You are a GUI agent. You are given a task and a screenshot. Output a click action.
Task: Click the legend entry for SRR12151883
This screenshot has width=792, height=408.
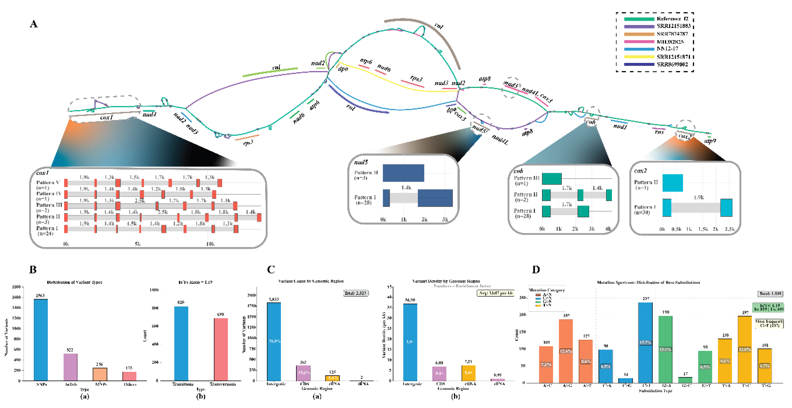tap(673, 26)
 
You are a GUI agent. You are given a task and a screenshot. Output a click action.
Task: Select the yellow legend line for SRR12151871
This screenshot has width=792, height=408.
tap(639, 57)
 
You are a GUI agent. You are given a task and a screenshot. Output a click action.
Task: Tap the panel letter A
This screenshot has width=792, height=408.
tap(34, 24)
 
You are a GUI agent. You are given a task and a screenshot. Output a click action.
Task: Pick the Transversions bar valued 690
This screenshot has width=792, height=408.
tap(221, 349)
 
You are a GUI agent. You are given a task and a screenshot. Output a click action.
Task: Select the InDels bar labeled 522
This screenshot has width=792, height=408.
tap(70, 367)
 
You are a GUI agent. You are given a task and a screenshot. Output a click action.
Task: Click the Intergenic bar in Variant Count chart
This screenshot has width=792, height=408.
tap(274, 341)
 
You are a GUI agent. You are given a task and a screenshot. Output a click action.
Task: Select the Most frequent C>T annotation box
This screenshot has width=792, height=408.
tap(769, 323)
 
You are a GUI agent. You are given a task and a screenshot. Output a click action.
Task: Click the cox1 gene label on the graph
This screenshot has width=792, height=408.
tap(106, 117)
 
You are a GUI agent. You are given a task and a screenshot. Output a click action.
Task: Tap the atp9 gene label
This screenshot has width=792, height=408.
tap(710, 141)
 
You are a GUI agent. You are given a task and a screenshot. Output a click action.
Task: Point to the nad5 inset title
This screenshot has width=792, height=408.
tap(361, 162)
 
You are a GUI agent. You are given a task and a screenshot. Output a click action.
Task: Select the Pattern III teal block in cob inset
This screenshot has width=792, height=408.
tap(552, 179)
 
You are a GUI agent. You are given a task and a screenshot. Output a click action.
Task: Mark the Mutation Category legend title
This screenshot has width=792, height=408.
tap(547, 290)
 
